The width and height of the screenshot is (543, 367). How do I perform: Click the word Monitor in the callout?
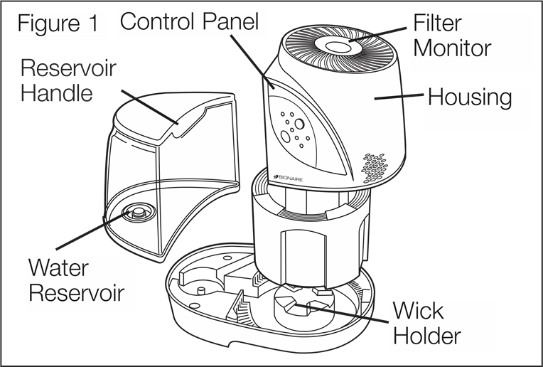coord(453,48)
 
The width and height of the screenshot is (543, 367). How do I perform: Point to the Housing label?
coord(469,97)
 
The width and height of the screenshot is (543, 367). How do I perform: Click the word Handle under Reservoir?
coord(56,93)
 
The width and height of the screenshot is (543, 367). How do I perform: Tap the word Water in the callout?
coord(58,269)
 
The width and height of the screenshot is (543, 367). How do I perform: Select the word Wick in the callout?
coord(419,311)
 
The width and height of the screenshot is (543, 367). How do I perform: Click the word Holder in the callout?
coord(427,335)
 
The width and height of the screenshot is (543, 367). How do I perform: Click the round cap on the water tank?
coord(135,211)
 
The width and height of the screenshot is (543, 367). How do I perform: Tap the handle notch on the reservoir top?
coord(178,125)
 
